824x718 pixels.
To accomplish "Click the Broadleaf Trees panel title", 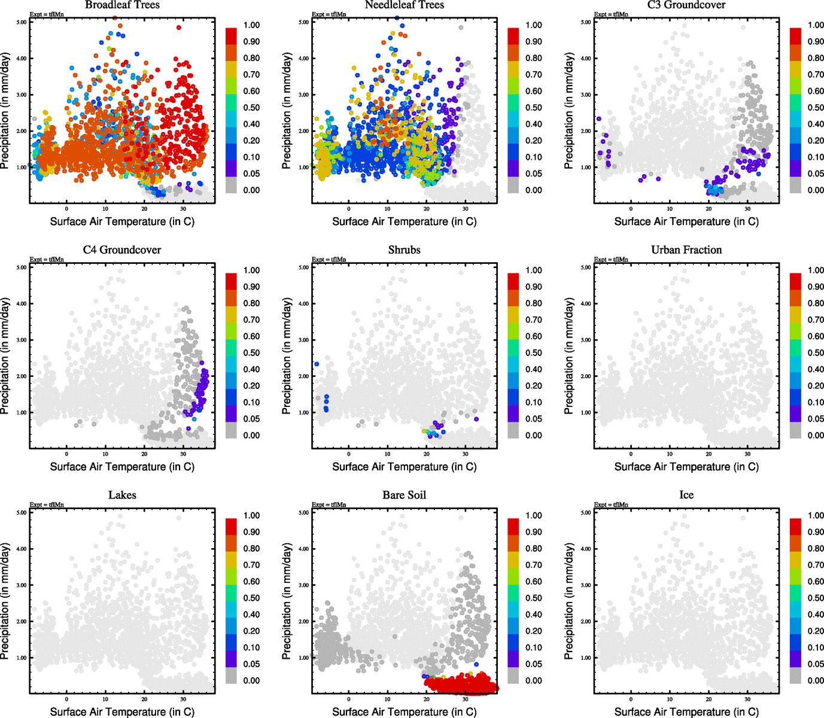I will [x=122, y=5].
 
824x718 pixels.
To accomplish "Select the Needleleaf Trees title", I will [x=405, y=5].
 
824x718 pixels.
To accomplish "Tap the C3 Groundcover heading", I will [x=686, y=5].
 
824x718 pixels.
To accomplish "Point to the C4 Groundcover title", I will [x=122, y=250].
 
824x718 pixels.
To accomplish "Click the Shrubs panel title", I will [x=405, y=250].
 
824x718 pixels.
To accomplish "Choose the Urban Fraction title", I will [x=686, y=250].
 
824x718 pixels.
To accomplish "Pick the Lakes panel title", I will [x=122, y=495].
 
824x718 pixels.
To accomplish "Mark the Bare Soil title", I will [x=405, y=495].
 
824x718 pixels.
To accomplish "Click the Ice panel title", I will [x=686, y=495].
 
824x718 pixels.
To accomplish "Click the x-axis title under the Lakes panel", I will [x=122, y=711].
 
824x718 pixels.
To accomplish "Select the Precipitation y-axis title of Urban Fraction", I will [x=569, y=356].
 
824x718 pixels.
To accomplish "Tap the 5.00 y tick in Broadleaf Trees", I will [x=22, y=22].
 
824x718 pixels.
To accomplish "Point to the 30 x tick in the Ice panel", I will [x=747, y=699].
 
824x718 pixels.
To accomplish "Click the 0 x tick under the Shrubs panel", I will [x=349, y=454].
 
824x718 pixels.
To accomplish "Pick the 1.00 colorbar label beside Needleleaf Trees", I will [x=534, y=25].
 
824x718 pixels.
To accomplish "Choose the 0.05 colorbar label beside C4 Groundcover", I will [x=251, y=419].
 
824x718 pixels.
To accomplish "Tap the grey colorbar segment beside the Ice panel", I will [x=795, y=676].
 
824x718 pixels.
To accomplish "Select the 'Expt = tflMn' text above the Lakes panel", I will [x=47, y=505].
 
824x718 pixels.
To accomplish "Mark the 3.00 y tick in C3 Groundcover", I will [x=586, y=95].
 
